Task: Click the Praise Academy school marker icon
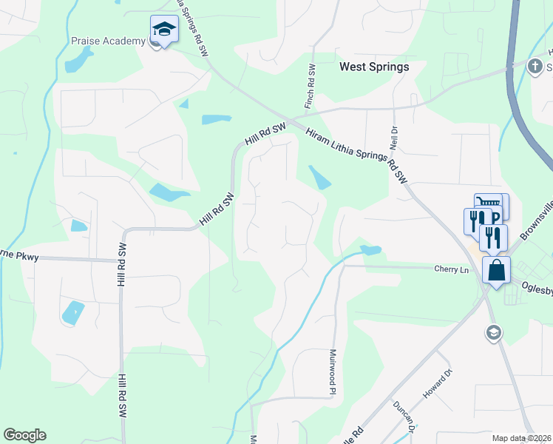click(164, 30)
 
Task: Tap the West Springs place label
click(373, 67)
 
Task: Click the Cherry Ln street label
click(452, 270)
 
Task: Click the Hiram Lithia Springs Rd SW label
click(356, 154)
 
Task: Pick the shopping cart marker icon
click(488, 203)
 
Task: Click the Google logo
click(24, 435)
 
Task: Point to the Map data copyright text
click(521, 438)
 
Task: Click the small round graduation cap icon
click(493, 333)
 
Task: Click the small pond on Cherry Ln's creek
click(370, 250)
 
